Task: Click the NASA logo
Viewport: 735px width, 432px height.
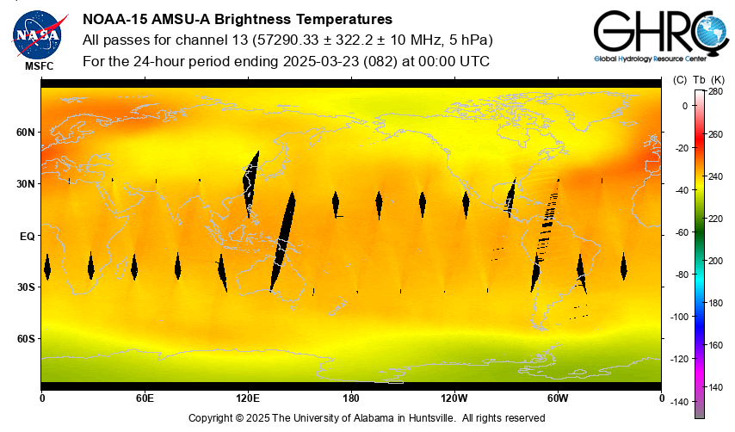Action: coord(35,34)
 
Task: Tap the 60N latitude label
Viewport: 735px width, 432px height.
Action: coord(25,133)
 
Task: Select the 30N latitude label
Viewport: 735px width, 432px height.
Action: coord(25,184)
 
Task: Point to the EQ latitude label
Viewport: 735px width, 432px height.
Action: coord(28,236)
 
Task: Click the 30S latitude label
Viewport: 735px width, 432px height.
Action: coord(25,287)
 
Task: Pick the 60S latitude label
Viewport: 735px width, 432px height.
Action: coord(25,339)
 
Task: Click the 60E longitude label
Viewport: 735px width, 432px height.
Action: coord(145,398)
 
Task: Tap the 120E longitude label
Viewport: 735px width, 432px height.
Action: coord(248,398)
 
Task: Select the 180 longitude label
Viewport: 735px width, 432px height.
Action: coord(351,398)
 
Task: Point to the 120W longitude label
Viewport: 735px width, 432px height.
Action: coord(454,398)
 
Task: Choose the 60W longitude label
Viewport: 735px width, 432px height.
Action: coord(558,398)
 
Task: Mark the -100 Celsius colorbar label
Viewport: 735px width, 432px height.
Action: coord(680,317)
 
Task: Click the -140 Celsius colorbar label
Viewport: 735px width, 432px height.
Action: coord(680,401)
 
